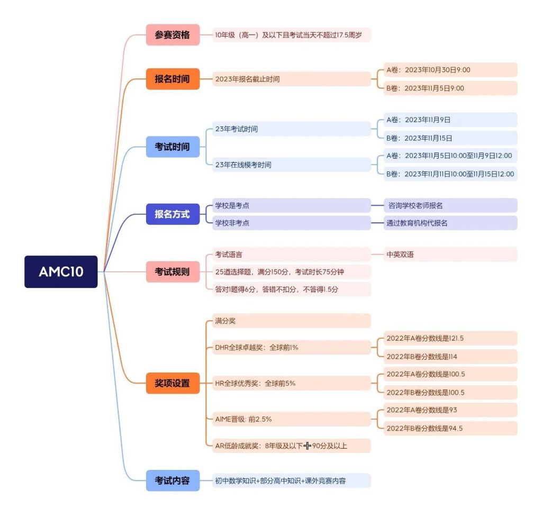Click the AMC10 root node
point(61,271)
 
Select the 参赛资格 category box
point(173,35)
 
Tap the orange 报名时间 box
point(173,79)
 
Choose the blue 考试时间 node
point(173,147)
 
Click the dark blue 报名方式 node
point(173,214)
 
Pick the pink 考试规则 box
point(173,272)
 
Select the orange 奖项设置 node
point(173,383)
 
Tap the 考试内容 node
point(173,480)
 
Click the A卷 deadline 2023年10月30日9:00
point(450,70)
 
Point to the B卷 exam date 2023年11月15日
point(450,138)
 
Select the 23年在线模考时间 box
point(292,165)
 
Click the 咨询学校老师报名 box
point(450,206)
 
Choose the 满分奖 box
point(292,321)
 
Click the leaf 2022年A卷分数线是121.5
point(450,338)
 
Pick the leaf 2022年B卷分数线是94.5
point(450,429)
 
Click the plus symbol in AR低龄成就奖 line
point(308,446)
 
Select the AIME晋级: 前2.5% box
point(292,419)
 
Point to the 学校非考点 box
point(292,223)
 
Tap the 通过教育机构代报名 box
point(450,223)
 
